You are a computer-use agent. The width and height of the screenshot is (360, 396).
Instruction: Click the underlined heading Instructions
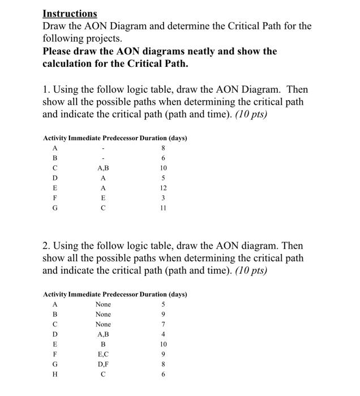70,13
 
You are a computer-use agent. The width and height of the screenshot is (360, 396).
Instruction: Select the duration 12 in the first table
164,188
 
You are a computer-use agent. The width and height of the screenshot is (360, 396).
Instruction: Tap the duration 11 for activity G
164,208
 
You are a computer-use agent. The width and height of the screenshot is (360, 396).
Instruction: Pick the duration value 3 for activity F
164,198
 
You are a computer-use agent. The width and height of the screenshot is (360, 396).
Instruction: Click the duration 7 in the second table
164,324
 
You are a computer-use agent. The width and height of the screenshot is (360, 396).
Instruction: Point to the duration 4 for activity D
164,334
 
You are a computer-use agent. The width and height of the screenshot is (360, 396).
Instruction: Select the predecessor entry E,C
103,355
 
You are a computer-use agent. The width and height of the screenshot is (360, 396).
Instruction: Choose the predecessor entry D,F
103,365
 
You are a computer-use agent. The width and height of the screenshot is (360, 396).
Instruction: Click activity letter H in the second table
55,375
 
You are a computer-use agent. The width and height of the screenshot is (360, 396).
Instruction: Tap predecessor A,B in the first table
103,168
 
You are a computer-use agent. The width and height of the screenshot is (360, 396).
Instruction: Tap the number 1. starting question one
46,90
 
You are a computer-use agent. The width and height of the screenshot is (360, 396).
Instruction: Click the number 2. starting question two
47,246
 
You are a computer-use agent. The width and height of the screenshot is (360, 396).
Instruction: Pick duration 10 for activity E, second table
164,345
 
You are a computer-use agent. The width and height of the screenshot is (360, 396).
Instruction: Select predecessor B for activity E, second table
103,345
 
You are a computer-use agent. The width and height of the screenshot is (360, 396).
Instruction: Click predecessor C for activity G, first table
103,208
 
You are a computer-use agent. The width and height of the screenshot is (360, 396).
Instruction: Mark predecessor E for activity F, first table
103,198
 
